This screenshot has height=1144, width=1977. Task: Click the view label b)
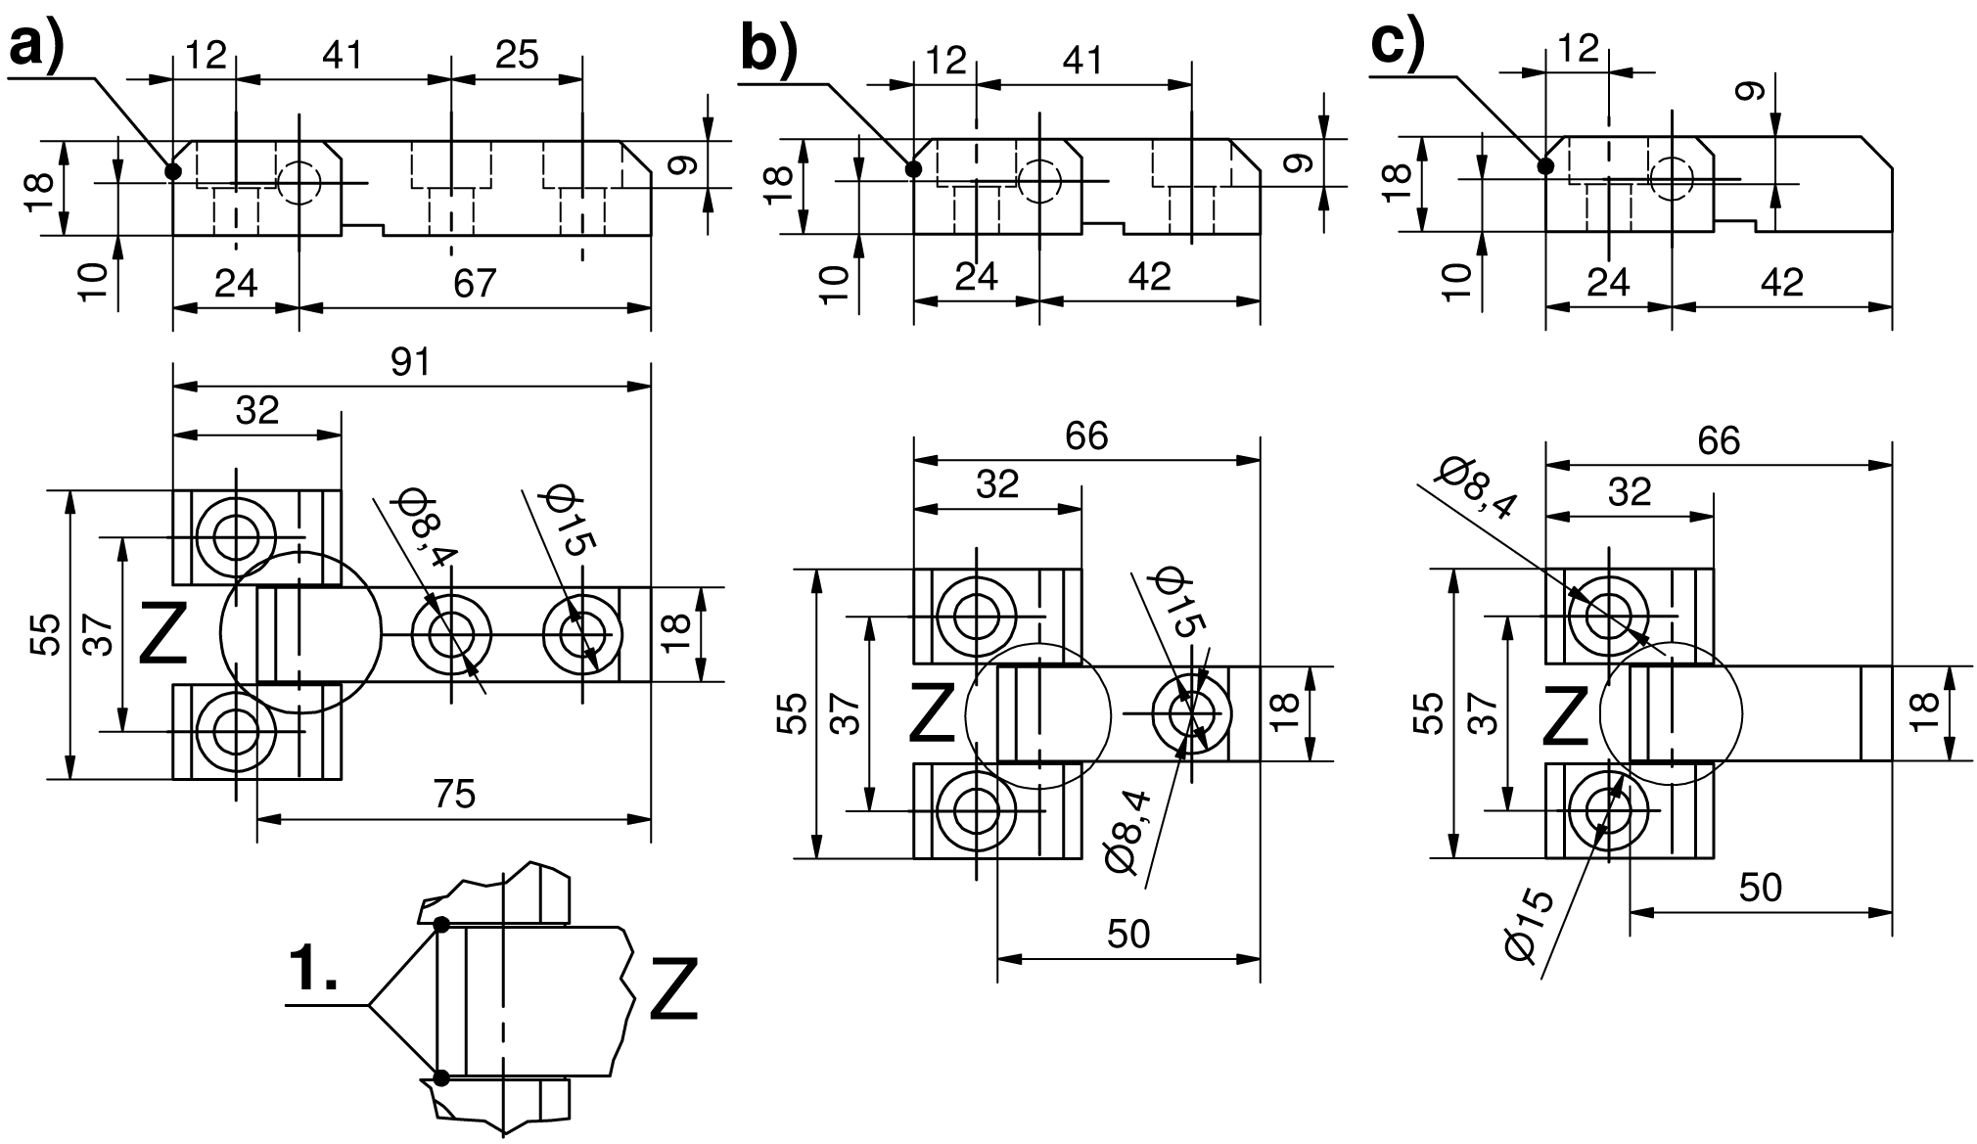point(768,49)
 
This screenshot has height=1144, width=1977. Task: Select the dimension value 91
point(411,363)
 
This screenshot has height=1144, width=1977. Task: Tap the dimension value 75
point(453,794)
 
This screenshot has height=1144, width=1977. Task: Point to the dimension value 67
point(475,284)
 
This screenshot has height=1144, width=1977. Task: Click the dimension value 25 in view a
point(516,55)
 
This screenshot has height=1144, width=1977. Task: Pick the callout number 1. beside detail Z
point(314,970)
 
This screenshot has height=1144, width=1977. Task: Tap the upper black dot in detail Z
point(441,924)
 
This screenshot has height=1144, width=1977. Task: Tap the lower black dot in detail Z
point(441,1077)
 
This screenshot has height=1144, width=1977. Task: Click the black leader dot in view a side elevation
point(173,171)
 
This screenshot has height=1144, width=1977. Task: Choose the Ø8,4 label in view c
point(1477,486)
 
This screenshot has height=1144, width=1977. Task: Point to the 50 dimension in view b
point(1127,935)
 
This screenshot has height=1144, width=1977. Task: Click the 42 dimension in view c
point(1780,283)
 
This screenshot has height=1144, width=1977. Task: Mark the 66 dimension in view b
point(1086,436)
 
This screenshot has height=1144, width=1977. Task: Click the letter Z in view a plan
point(162,633)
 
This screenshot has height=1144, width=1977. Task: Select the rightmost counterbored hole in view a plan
point(581,634)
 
